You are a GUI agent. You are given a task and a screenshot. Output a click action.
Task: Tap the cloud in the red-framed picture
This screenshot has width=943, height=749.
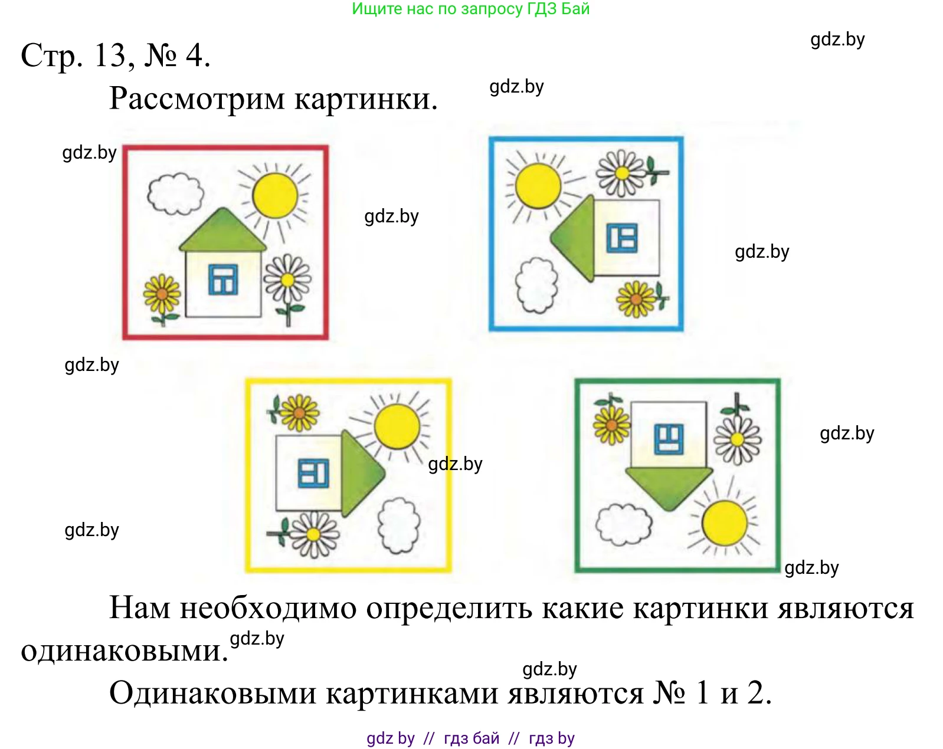pyautogui.click(x=175, y=193)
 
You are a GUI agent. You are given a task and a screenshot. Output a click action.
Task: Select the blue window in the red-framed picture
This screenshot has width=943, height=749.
pyautogui.click(x=223, y=280)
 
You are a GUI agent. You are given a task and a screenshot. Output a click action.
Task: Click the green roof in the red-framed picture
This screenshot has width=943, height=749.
pyautogui.click(x=222, y=232)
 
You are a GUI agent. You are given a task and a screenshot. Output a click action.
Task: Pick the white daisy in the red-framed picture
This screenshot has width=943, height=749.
pyautogui.click(x=287, y=280)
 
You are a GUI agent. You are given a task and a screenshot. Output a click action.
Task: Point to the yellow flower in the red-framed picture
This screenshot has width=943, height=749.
pyautogui.click(x=162, y=293)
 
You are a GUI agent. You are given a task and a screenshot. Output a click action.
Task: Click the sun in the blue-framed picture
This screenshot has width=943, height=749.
pyautogui.click(x=538, y=186)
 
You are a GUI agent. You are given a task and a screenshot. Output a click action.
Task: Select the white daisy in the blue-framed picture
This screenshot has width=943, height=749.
pyautogui.click(x=621, y=173)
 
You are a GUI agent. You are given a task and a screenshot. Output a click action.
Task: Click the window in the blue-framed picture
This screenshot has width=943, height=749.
pyautogui.click(x=623, y=238)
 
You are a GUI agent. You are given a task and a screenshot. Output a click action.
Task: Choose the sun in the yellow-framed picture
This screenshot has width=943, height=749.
pyautogui.click(x=397, y=426)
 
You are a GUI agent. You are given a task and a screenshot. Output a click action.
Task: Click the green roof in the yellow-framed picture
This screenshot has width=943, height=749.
pyautogui.click(x=360, y=472)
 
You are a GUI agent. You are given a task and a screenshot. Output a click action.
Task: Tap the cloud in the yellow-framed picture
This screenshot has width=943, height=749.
pyautogui.click(x=399, y=525)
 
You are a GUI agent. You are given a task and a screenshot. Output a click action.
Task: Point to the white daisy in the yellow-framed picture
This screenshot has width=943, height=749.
pyautogui.click(x=313, y=534)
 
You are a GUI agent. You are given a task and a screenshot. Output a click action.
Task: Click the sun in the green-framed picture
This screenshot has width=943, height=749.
pyautogui.click(x=725, y=523)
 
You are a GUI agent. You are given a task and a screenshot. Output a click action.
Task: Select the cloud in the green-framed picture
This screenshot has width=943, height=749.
pyautogui.click(x=624, y=524)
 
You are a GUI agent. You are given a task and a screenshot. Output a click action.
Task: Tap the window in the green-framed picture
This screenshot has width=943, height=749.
pyautogui.click(x=669, y=439)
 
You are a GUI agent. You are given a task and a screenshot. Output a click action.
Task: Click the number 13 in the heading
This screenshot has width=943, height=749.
pyautogui.click(x=110, y=56)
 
